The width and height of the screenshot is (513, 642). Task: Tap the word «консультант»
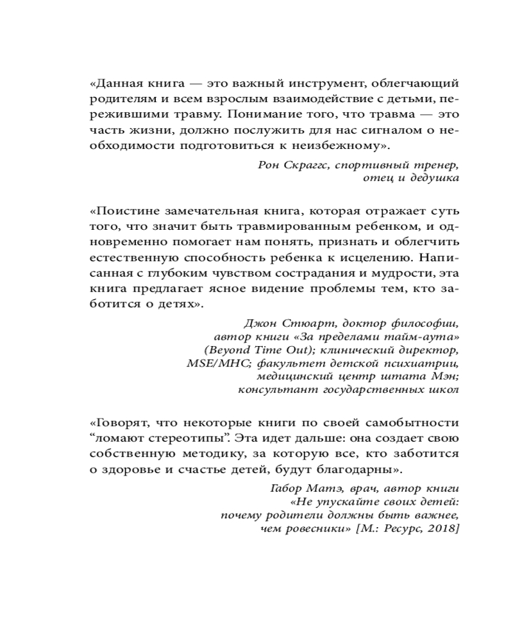coord(272,390)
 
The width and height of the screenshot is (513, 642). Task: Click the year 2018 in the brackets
coord(442,528)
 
